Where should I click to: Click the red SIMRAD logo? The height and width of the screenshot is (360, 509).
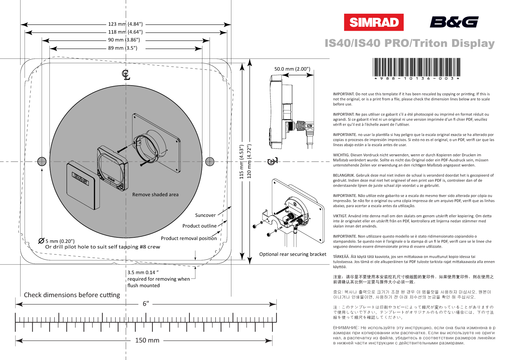click(373, 22)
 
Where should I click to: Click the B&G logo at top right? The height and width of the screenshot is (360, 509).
click(454, 22)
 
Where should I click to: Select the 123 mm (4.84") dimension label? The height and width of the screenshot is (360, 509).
click(125, 24)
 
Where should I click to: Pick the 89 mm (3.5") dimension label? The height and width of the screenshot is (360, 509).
click(123, 48)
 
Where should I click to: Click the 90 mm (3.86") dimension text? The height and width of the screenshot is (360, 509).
click(124, 40)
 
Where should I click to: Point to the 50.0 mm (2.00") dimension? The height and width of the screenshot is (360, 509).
click(292, 69)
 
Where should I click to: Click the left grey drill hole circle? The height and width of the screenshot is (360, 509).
click(42, 161)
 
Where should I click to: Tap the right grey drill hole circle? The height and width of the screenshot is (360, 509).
click(210, 161)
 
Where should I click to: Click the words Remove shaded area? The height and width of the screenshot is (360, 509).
click(155, 194)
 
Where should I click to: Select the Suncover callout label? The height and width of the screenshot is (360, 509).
click(205, 215)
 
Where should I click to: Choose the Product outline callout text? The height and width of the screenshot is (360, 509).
click(199, 226)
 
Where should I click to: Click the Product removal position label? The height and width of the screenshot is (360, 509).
click(189, 238)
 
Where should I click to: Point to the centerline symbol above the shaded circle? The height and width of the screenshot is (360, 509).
click(126, 75)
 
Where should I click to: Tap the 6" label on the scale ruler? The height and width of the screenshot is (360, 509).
click(146, 304)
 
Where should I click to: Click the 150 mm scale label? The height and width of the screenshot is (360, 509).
click(147, 340)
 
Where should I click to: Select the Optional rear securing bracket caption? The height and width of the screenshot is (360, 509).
click(293, 254)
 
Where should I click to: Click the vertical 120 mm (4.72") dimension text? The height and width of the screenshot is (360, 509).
click(249, 161)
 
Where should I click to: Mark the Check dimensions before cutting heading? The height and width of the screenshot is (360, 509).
click(72, 295)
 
